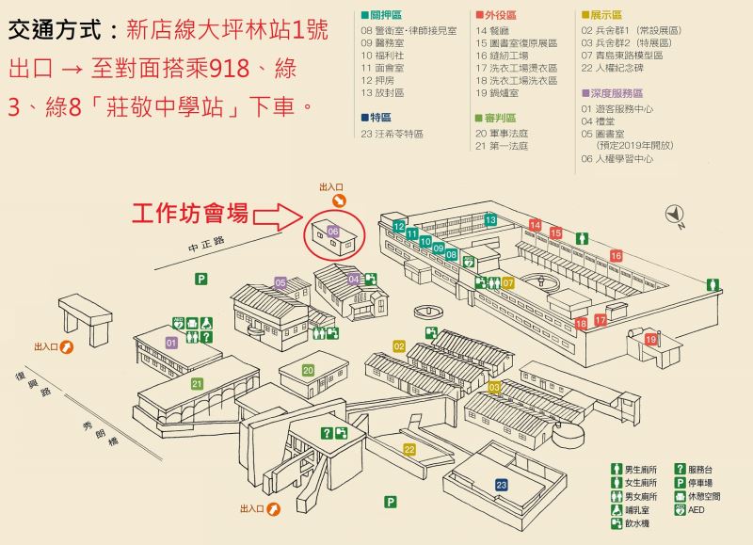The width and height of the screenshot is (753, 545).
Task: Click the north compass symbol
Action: [675, 215]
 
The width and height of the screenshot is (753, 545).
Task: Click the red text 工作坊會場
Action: [189, 213]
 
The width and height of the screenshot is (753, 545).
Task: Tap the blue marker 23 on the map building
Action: [502, 485]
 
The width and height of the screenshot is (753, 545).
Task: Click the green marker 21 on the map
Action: [197, 384]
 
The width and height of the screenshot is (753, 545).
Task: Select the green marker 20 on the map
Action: [308, 370]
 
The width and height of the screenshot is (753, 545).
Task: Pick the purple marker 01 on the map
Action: [171, 344]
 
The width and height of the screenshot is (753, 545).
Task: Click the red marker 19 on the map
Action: [650, 339]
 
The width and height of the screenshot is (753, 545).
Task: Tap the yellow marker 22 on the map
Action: [409, 449]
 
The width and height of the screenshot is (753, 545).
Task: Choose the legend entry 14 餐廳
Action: [493, 31]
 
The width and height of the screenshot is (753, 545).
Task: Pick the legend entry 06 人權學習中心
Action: [617, 159]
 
